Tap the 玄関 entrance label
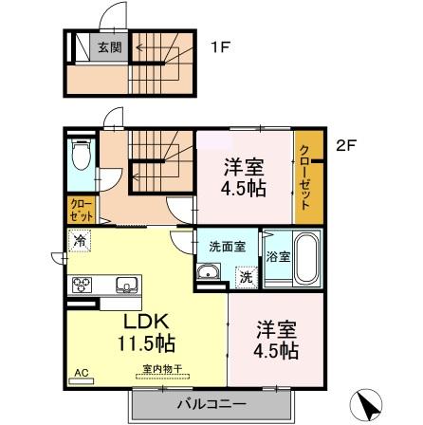pyautogui.click(x=108, y=46)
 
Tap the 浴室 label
pyautogui.click(x=277, y=256)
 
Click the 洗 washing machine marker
pyautogui.click(x=246, y=277)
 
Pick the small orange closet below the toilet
pyautogui.click(x=80, y=208)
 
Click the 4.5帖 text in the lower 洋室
pyautogui.click(x=276, y=350)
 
